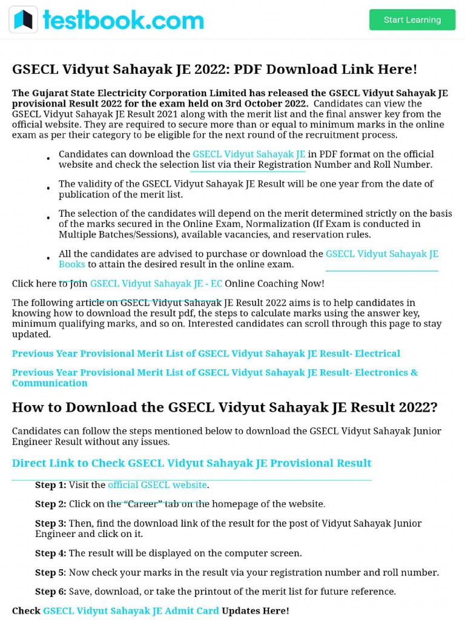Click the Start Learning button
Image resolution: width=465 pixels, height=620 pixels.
(412, 20)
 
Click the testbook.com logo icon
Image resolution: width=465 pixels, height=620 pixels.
(23, 20)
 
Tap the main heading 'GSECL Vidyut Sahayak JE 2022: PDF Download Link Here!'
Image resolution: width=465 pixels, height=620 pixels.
(214, 69)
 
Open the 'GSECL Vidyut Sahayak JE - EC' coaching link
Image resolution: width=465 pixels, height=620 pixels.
(156, 283)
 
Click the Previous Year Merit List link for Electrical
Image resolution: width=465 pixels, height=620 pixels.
(206, 354)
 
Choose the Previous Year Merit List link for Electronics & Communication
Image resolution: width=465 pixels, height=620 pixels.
(214, 372)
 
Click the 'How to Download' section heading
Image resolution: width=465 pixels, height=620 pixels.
(225, 407)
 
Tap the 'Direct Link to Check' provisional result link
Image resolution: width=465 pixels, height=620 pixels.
(191, 463)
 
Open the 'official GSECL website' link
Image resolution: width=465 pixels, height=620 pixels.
(157, 485)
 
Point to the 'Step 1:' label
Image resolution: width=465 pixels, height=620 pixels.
(51, 485)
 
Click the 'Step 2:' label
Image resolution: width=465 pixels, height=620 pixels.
(51, 504)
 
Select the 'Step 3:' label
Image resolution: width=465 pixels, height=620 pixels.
(51, 523)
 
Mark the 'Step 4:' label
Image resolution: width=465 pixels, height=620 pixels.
(51, 553)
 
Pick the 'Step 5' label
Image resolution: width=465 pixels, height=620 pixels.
(50, 572)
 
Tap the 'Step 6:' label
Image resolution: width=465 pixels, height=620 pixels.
(51, 592)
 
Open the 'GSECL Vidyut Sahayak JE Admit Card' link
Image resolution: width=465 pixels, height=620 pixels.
(131, 611)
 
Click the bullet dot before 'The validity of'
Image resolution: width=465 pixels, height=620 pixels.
(48, 189)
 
